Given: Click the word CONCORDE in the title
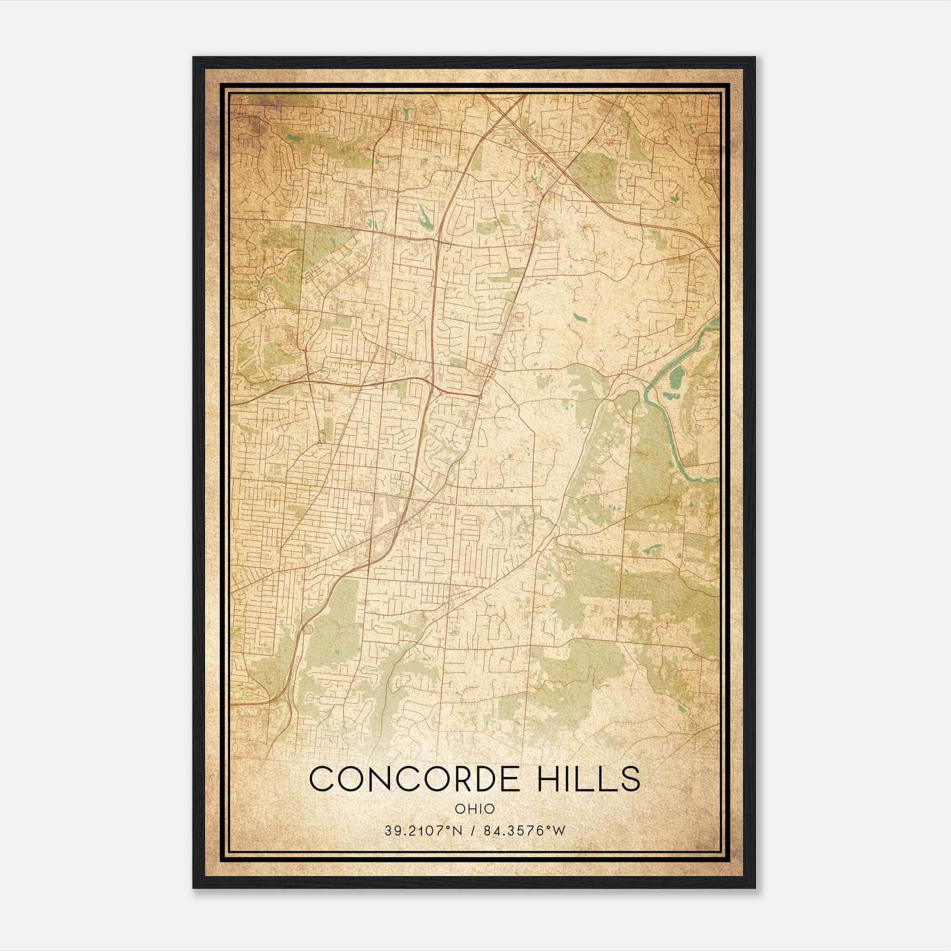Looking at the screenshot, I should (410, 779).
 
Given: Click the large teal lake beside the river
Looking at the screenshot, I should (677, 378).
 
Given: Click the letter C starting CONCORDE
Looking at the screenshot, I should (321, 779).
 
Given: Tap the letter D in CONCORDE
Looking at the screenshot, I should (469, 779).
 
